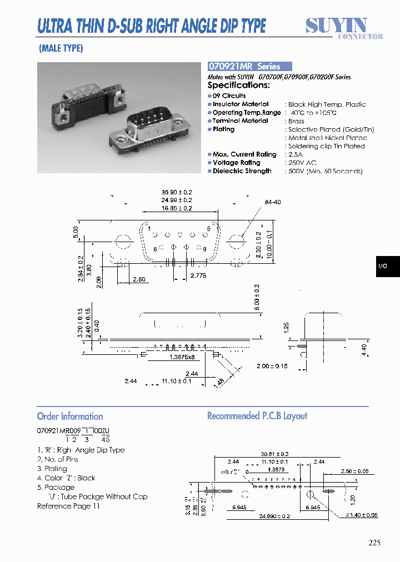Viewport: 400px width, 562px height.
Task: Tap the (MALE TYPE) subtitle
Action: click(x=61, y=48)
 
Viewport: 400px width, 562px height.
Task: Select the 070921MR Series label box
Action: click(x=249, y=66)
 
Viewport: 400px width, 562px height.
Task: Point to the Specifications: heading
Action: click(x=238, y=85)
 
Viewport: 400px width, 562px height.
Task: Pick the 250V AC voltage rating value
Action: click(x=302, y=163)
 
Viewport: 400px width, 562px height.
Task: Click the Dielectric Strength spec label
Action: click(x=242, y=171)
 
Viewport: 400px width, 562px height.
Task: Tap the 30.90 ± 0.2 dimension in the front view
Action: click(x=176, y=192)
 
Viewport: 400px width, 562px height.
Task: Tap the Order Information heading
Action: click(x=70, y=417)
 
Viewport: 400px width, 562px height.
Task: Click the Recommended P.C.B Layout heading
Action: click(x=257, y=416)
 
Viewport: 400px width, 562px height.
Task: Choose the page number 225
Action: click(x=374, y=543)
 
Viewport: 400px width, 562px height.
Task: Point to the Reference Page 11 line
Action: click(x=68, y=506)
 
